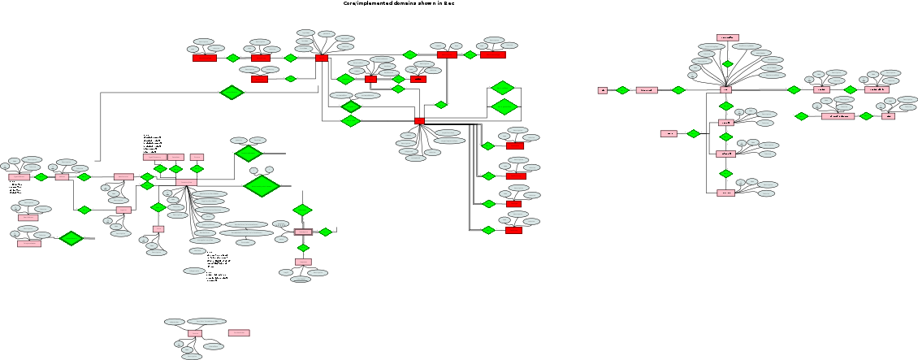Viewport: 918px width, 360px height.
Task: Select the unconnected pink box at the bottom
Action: click(x=239, y=332)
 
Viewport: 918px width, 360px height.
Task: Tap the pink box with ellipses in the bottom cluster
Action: click(x=195, y=333)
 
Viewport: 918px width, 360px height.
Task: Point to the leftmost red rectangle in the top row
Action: click(x=205, y=58)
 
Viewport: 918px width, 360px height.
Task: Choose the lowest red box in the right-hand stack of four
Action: click(x=513, y=230)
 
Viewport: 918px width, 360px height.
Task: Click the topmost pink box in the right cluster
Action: click(x=727, y=37)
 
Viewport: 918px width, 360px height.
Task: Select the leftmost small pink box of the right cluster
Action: click(x=603, y=90)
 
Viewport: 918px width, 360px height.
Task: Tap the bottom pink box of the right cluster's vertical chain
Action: click(x=725, y=193)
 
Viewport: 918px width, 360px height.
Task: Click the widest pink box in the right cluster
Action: click(x=838, y=116)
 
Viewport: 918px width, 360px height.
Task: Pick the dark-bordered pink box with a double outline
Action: click(x=303, y=232)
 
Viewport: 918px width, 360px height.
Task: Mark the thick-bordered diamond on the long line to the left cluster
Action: click(x=232, y=93)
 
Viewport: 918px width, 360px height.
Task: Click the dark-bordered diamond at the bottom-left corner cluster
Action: click(x=71, y=238)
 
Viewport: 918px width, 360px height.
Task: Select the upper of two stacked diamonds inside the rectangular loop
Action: click(x=503, y=88)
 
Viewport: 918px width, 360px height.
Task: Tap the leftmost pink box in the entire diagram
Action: click(x=19, y=176)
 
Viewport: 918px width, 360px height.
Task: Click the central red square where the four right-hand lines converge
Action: click(x=419, y=121)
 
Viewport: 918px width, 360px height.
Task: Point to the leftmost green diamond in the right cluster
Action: click(x=622, y=90)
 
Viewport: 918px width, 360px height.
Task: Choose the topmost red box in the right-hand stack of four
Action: click(x=515, y=145)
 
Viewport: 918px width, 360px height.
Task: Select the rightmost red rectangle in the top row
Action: click(x=492, y=54)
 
